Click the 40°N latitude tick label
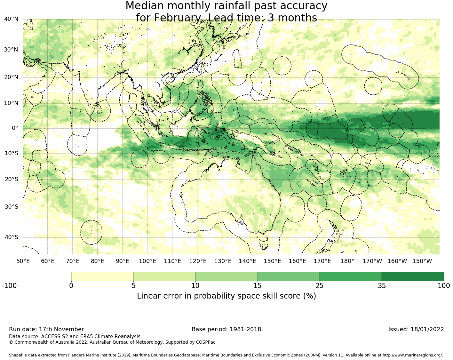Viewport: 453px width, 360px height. tap(11, 19)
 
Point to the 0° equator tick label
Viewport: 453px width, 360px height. tap(15, 128)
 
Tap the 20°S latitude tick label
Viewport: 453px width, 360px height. tap(11, 179)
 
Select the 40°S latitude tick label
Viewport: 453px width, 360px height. tap(11, 237)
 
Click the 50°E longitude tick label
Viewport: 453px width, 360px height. tap(23, 261)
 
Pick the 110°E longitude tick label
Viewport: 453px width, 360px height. tap(172, 261)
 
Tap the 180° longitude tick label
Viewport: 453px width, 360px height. tap(347, 261)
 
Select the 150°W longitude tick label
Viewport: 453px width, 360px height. tap(422, 261)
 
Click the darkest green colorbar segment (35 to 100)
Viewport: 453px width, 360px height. tap(413, 276)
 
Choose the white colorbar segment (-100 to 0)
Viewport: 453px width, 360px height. tap(40, 276)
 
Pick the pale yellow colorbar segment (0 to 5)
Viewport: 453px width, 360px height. tap(102, 276)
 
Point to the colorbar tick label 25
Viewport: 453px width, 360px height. tap(320, 286)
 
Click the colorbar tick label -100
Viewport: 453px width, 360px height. tap(9, 286)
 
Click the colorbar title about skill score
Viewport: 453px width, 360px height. tap(226, 296)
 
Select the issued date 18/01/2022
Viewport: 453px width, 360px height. tap(427, 329)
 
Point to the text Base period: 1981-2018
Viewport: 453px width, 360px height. tap(226, 329)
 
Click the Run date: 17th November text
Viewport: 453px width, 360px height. tap(46, 329)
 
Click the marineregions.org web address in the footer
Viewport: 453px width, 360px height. tap(412, 355)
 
